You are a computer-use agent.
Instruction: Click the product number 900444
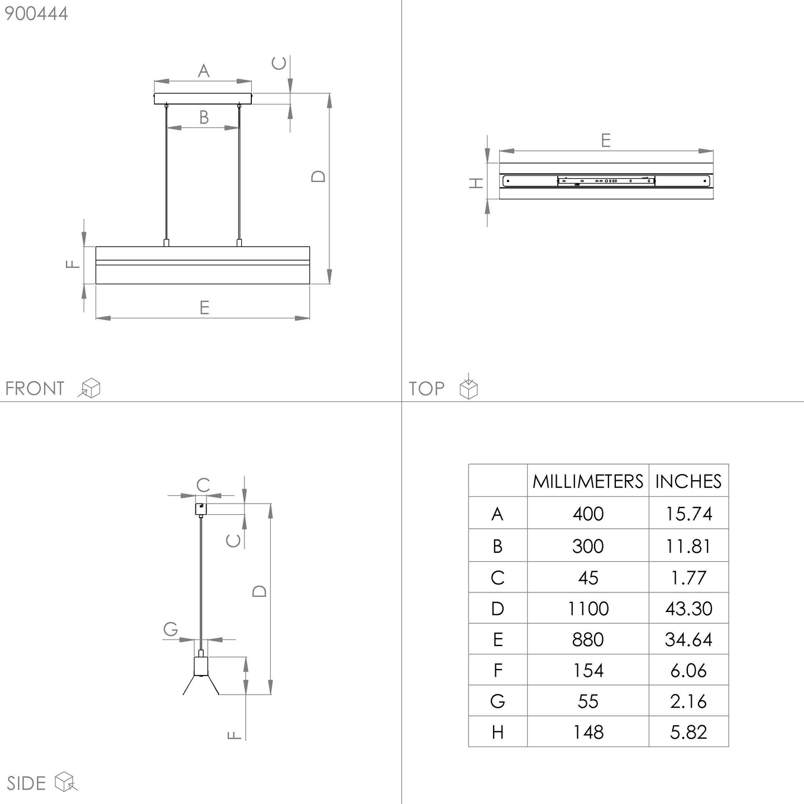(x=36, y=14)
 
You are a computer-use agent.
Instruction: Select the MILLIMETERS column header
(x=587, y=481)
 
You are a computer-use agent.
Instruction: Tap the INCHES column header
(x=688, y=481)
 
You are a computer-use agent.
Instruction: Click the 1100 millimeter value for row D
(x=588, y=609)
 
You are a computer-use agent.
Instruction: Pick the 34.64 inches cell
(x=688, y=640)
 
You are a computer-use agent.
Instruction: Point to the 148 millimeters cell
(x=588, y=732)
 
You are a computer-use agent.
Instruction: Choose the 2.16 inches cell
(x=688, y=701)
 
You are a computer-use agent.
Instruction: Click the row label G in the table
(x=497, y=701)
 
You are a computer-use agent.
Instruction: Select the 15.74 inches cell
(x=688, y=514)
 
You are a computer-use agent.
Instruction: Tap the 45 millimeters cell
(x=588, y=578)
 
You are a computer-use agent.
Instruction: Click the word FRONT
(x=35, y=389)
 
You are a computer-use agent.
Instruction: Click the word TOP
(x=427, y=389)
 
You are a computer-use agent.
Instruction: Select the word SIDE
(x=26, y=783)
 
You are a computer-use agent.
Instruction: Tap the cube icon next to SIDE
(x=65, y=782)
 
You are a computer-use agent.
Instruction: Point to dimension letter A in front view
(x=204, y=71)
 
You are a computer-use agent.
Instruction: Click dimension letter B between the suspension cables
(x=204, y=117)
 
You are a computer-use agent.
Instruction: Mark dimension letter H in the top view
(x=476, y=183)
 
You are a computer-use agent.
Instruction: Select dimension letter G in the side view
(x=171, y=629)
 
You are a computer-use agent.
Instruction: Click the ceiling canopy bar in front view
(x=203, y=98)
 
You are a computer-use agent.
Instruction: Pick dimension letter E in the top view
(x=606, y=140)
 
